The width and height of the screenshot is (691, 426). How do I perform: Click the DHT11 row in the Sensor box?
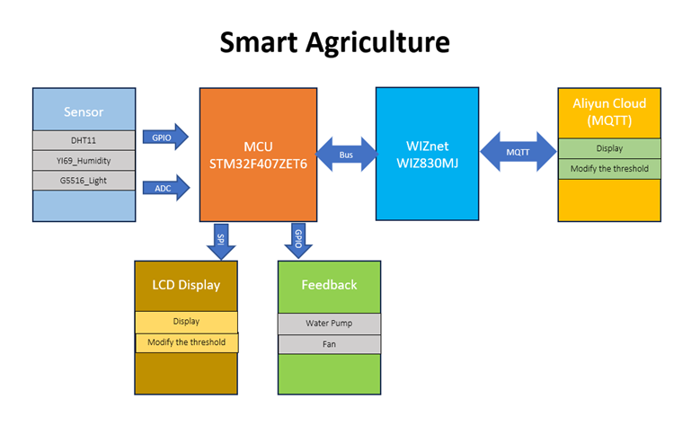84,140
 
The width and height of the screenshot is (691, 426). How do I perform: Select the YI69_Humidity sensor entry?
84,161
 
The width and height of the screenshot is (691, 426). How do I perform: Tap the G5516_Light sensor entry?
84,181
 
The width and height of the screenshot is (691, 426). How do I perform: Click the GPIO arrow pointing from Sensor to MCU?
165,138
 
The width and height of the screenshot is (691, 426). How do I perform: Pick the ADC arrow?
166,188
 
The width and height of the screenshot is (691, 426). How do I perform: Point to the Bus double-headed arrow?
346,155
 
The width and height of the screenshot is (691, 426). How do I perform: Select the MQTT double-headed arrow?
518,152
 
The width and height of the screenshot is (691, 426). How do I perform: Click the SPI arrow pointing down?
221,242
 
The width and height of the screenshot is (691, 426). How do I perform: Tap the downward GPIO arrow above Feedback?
298,241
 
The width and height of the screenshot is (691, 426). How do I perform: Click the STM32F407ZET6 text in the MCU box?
258,164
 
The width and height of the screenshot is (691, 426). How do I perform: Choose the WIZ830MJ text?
427,164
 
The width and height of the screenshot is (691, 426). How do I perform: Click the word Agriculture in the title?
377,43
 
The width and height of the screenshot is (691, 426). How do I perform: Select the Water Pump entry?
329,324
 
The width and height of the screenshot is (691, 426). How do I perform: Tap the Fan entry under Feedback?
329,344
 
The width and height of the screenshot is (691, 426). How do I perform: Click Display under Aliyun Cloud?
609,148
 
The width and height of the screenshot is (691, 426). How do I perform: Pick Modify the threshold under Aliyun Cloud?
609,168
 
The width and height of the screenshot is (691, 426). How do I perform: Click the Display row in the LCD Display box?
186,322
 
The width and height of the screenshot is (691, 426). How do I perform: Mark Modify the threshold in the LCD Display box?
186,342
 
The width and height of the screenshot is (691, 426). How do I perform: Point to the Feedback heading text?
329,285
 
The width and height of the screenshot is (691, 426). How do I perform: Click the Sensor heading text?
84,112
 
